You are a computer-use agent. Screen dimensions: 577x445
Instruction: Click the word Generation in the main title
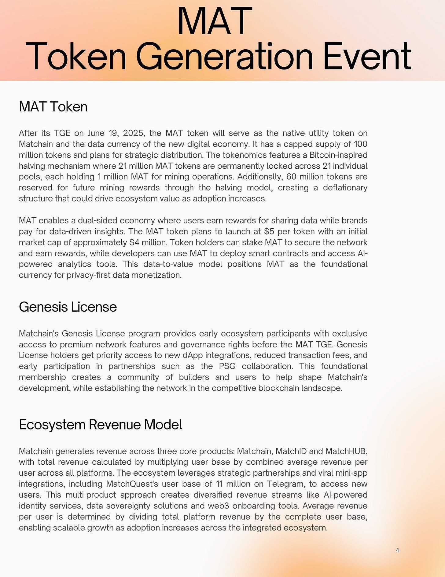click(x=225, y=57)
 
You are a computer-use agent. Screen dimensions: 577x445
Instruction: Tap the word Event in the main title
click(x=367, y=57)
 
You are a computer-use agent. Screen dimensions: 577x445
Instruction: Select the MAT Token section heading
click(x=53, y=107)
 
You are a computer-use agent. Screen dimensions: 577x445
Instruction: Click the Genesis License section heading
click(x=68, y=307)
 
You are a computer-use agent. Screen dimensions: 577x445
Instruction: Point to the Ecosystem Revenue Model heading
click(x=101, y=425)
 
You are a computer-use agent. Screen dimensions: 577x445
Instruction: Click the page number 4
click(x=397, y=550)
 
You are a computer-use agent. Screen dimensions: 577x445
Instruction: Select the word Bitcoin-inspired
click(x=338, y=155)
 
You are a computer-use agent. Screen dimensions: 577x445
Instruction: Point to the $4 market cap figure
click(x=134, y=242)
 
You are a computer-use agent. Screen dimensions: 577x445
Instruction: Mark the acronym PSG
click(x=227, y=366)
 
